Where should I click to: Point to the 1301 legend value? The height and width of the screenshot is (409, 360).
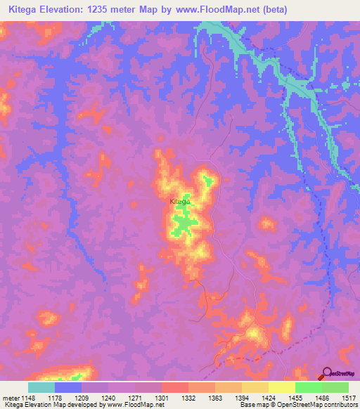click(x=162, y=397)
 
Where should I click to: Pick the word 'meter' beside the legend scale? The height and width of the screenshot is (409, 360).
click(x=11, y=397)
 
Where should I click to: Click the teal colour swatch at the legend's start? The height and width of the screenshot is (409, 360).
click(x=41, y=387)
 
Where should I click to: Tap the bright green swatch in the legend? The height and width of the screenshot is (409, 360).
click(x=308, y=387)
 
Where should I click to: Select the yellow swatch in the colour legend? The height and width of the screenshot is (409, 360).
click(x=281, y=387)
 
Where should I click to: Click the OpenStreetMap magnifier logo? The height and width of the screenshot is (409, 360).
click(x=326, y=374)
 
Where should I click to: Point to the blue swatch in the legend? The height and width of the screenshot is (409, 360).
click(x=68, y=387)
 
